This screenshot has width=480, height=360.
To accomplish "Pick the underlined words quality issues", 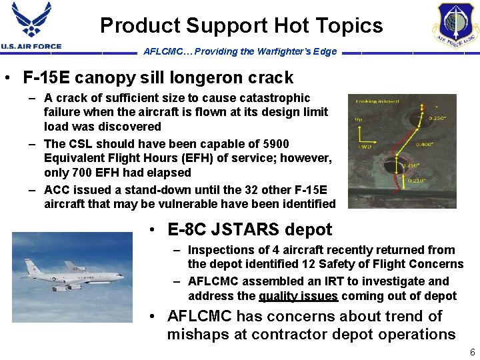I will (x=298, y=296).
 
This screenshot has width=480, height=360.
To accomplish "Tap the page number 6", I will (x=472, y=352).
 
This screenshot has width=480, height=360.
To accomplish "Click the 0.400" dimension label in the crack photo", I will (x=425, y=144).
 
